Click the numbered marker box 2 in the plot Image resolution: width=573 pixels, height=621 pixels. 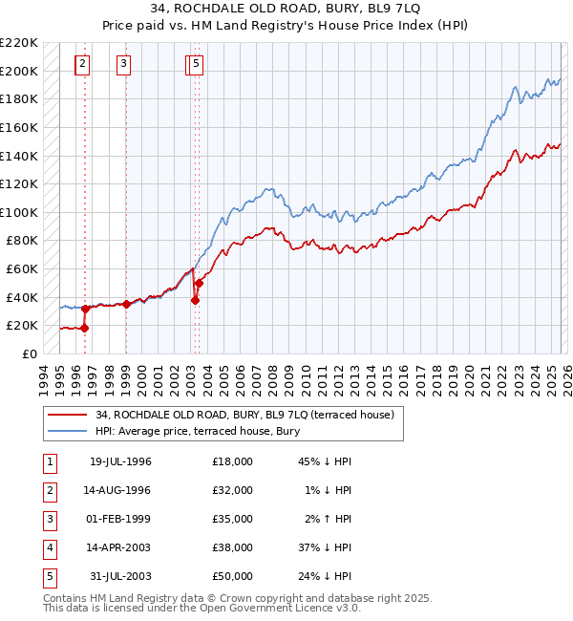[x=83, y=64]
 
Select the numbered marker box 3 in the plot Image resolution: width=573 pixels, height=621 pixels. [x=124, y=64]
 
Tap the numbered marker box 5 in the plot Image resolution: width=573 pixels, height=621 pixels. [x=195, y=64]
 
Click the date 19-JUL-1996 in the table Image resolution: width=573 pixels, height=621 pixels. [x=120, y=461]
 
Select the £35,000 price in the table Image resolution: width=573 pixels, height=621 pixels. [x=233, y=519]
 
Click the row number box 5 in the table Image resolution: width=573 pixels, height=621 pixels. [x=48, y=576]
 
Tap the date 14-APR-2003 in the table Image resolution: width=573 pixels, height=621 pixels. [x=120, y=547]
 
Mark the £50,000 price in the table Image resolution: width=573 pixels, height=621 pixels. [x=233, y=576]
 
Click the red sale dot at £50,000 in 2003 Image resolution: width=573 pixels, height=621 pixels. [x=200, y=283]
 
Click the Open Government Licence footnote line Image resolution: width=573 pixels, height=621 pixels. [x=202, y=608]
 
